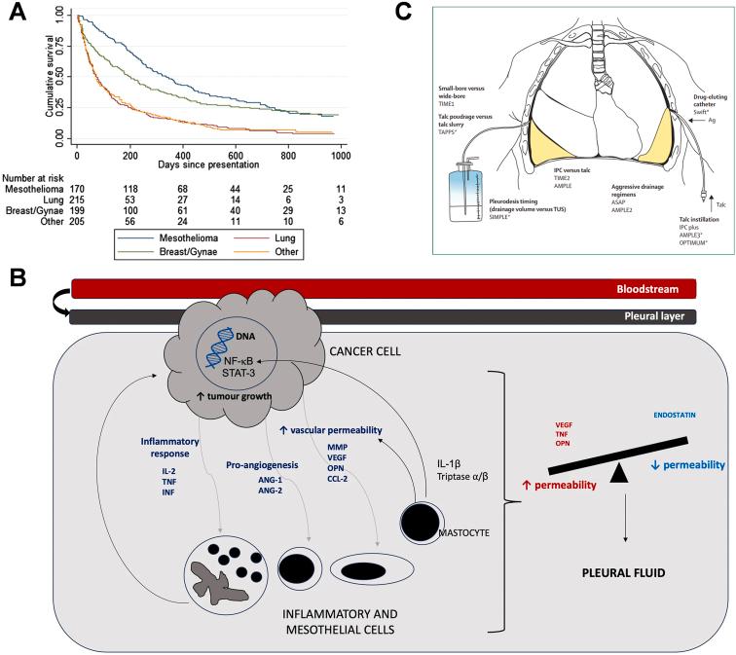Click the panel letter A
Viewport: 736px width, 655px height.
tap(13, 13)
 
